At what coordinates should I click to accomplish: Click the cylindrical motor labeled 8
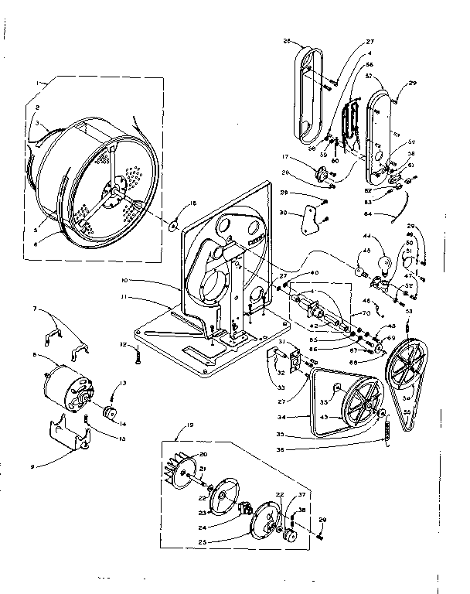[x=66, y=384]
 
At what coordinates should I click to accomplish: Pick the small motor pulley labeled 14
[x=108, y=411]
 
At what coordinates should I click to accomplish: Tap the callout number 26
[x=286, y=42]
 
